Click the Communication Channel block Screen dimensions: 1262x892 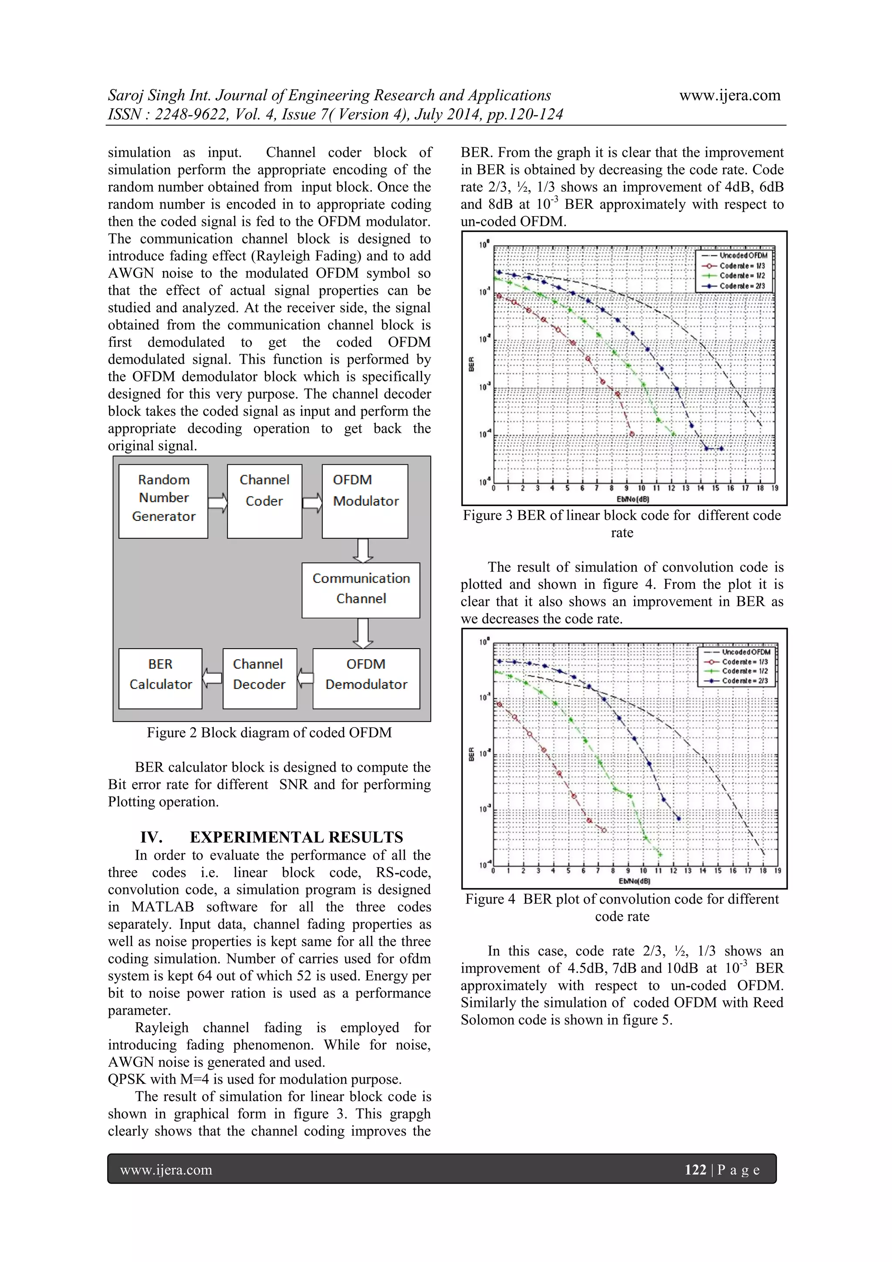pos(361,589)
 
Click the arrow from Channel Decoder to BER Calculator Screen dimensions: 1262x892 pos(212,678)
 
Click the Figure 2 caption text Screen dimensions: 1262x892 pos(269,733)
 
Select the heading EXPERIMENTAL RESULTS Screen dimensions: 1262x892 pos(296,837)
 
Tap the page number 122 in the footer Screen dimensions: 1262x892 pos(695,1169)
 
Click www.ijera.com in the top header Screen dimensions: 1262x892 pos(730,95)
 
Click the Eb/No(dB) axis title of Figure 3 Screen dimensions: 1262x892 pos(633,499)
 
